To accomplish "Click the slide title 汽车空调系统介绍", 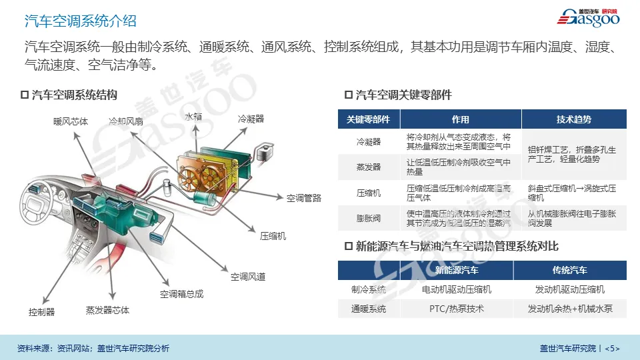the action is pos(80,21).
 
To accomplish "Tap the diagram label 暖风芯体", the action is pos(71,121).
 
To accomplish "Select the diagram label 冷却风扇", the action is pos(126,121).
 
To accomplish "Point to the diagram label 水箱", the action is pos(193,117).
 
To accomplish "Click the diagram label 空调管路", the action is pos(304,198).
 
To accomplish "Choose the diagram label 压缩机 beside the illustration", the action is pos(273,236).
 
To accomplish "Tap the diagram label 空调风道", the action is pos(248,277).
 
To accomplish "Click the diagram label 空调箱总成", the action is pos(181,294).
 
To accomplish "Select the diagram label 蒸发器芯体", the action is pos(107,311).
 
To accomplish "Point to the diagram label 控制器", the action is pos(41,312).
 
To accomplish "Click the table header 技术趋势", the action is pos(573,119).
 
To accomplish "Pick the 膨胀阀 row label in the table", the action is pos(368,219).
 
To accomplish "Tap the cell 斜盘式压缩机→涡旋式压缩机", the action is pos(572,193).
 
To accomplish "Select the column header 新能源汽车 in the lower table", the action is pos(456,271).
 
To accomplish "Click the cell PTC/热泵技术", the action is pos(456,309).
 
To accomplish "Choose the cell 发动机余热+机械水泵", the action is pos(569,309).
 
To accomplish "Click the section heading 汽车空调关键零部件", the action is pos(403,95).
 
